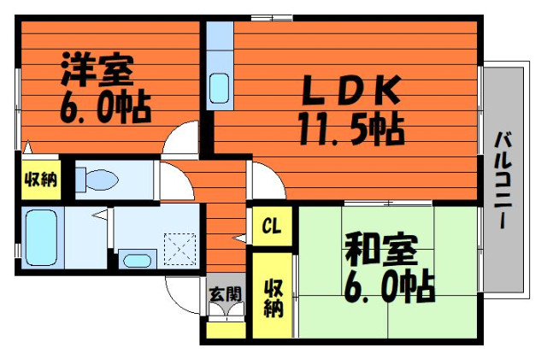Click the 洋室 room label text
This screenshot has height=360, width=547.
[x=97, y=70]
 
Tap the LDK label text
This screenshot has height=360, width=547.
[x=351, y=90]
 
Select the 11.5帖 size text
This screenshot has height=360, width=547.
[x=351, y=129]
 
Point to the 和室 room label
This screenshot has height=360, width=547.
[x=381, y=250]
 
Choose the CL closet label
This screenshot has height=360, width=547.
[x=272, y=227]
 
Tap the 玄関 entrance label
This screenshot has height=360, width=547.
[x=226, y=294]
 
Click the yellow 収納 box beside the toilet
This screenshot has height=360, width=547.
[x=41, y=180]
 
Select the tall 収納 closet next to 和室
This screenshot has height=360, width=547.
[x=273, y=295]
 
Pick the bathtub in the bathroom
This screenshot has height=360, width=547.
[x=42, y=238]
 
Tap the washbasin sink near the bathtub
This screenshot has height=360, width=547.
[x=138, y=260]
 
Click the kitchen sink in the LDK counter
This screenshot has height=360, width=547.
[x=220, y=89]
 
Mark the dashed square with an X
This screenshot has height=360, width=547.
[x=179, y=250]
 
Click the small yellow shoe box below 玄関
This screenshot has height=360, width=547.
[x=226, y=330]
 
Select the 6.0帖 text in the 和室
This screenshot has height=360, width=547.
[x=390, y=287]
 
